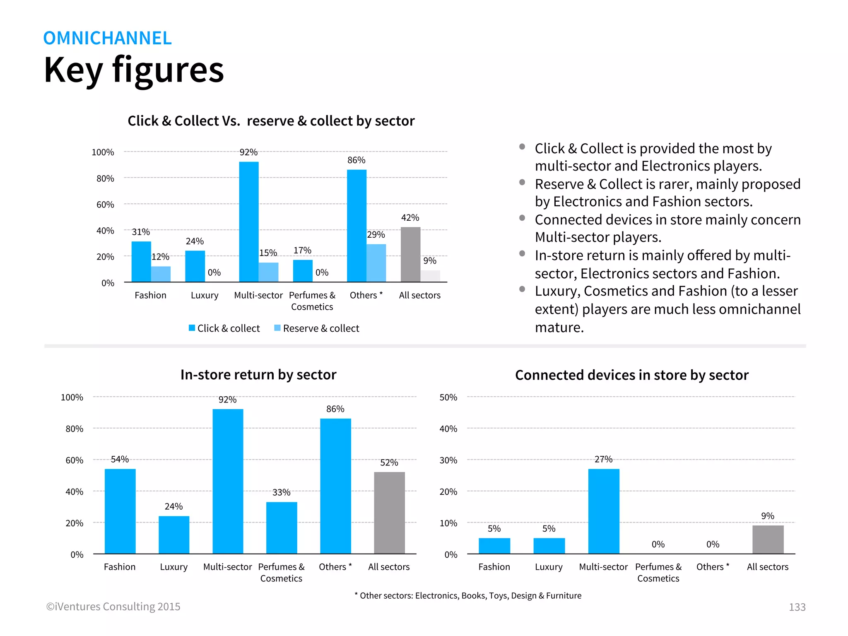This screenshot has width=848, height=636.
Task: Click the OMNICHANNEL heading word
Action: (107, 38)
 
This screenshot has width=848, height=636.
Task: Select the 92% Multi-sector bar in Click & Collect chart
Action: (249, 222)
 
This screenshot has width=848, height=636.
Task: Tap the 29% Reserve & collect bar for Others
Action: (376, 263)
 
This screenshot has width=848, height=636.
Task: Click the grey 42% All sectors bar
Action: (410, 255)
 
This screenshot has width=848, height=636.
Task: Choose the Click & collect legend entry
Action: (224, 328)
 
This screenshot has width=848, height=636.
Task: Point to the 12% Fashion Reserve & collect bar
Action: (161, 274)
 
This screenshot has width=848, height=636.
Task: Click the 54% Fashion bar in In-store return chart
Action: (120, 511)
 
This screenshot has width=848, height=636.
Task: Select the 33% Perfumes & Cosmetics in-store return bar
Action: (282, 528)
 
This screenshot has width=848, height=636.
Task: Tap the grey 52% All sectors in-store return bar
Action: (389, 513)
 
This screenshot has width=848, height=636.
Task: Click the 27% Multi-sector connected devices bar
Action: (604, 511)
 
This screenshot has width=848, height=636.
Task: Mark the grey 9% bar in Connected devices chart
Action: (768, 540)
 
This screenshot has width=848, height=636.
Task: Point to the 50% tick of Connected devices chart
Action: (448, 397)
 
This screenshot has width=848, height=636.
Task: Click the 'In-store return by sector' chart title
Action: (258, 375)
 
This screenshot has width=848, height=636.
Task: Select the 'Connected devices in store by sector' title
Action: (632, 375)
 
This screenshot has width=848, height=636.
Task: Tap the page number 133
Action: (797, 607)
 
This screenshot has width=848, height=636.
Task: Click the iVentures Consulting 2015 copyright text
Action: (113, 607)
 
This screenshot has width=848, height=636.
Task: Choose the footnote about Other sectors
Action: (468, 596)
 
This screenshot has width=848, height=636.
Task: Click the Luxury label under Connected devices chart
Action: (549, 567)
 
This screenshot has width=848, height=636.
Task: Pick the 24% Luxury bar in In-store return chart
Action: (174, 535)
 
